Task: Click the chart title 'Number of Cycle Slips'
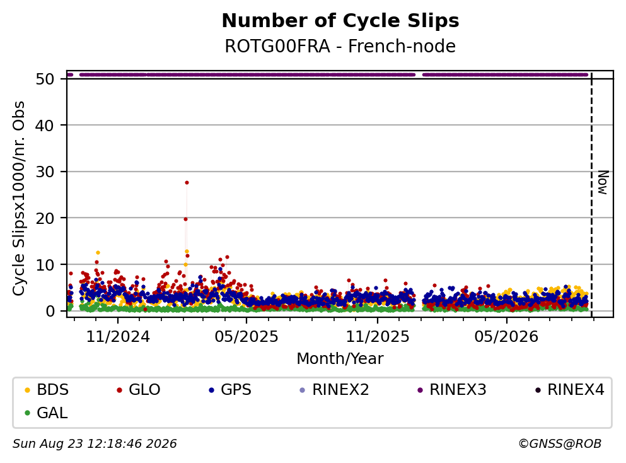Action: (x=340, y=21)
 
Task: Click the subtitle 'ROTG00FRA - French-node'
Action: (x=340, y=46)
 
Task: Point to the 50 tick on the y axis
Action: (x=45, y=79)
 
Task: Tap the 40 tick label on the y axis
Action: (x=45, y=126)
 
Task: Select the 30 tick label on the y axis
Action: (x=45, y=172)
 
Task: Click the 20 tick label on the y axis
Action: (x=45, y=218)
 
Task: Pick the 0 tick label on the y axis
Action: (x=50, y=311)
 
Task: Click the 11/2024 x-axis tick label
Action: (x=118, y=337)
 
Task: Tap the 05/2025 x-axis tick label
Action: (x=246, y=337)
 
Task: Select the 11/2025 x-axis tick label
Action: (x=377, y=337)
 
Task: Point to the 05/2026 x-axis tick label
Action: (x=506, y=337)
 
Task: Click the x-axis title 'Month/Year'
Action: (x=340, y=359)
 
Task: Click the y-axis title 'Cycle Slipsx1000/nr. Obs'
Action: (x=19, y=198)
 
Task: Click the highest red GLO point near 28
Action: (x=187, y=182)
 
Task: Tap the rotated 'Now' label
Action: (x=603, y=182)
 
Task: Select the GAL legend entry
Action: (x=46, y=413)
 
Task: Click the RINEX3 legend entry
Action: (x=452, y=389)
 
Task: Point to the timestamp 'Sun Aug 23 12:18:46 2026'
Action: (x=95, y=444)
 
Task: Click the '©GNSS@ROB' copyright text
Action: (x=560, y=444)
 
